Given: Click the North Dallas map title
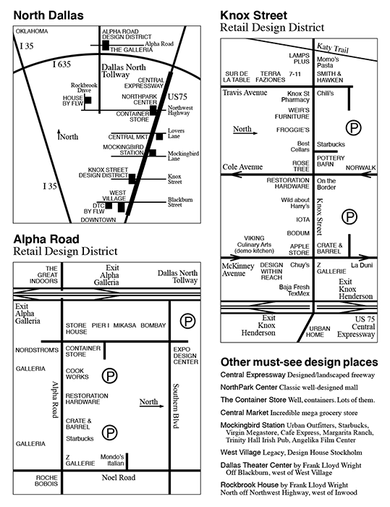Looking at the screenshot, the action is pos(48,15).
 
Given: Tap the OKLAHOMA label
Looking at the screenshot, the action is pos(32,31).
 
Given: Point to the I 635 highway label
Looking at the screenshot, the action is pos(62,64).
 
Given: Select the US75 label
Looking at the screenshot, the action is pos(177,96).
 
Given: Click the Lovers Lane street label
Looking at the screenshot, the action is pos(176,133).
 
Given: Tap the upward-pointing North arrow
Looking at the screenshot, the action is pos(59,135).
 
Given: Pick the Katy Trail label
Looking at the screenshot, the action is pos(333,49).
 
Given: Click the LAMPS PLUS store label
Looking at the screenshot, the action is pos(300,59).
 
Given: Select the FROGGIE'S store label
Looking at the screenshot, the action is pos(293,130).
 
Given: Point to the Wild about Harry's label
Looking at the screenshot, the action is pos(295,203).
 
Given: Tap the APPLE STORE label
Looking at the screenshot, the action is pos(300,249).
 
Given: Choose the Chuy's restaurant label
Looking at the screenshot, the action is pos(300,265).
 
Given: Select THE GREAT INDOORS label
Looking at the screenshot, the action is pos(43,275).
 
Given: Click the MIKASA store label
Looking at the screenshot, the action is pos(124,325).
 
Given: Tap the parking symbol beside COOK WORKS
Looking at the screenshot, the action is pos(109,376).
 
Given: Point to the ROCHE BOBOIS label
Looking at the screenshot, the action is pos(46,481).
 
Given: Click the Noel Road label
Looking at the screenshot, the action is pos(119,477).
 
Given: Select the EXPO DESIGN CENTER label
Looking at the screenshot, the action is pos(186,356).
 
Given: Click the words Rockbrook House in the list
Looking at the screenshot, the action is pos(249,485).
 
